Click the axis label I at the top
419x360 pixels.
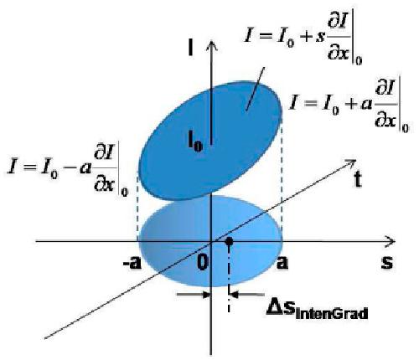[191, 48]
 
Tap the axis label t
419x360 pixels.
[358, 179]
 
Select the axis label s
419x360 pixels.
[387, 262]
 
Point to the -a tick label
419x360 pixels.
[132, 263]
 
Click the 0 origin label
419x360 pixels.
[203, 262]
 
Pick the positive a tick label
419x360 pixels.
[282, 263]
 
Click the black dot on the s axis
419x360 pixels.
[229, 241]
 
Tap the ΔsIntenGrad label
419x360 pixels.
[317, 311]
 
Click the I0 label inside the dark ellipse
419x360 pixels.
[194, 141]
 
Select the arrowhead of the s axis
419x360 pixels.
[391, 241]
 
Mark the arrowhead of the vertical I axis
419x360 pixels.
[212, 45]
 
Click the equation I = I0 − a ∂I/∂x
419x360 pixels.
[68, 169]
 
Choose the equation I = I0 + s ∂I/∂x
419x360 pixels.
[303, 41]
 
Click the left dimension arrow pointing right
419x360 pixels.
[194, 295]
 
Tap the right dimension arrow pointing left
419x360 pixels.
[247, 295]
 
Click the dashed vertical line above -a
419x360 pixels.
[137, 207]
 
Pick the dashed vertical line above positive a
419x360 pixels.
[282, 178]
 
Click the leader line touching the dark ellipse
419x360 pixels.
[255, 89]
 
